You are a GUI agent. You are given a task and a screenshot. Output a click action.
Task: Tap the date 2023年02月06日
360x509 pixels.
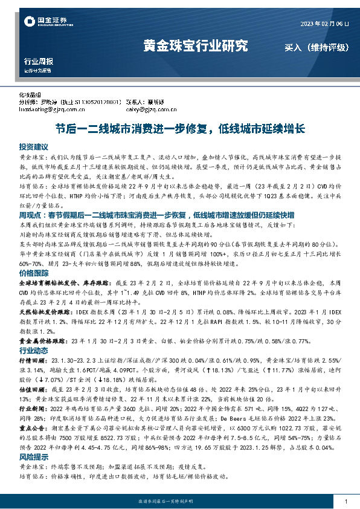pyautogui.click(x=325, y=23)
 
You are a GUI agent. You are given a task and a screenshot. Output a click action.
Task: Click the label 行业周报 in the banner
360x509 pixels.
pyautogui.click(x=38, y=62)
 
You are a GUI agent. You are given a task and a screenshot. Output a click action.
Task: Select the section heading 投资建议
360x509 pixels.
pyautogui.click(x=33, y=147)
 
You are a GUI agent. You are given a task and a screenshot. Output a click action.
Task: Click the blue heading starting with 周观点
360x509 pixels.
pyautogui.click(x=175, y=215)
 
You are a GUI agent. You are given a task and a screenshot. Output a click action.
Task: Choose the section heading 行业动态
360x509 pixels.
pyautogui.click(x=33, y=350)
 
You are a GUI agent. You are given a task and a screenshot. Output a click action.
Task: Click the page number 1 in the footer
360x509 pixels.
pyautogui.click(x=346, y=501)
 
